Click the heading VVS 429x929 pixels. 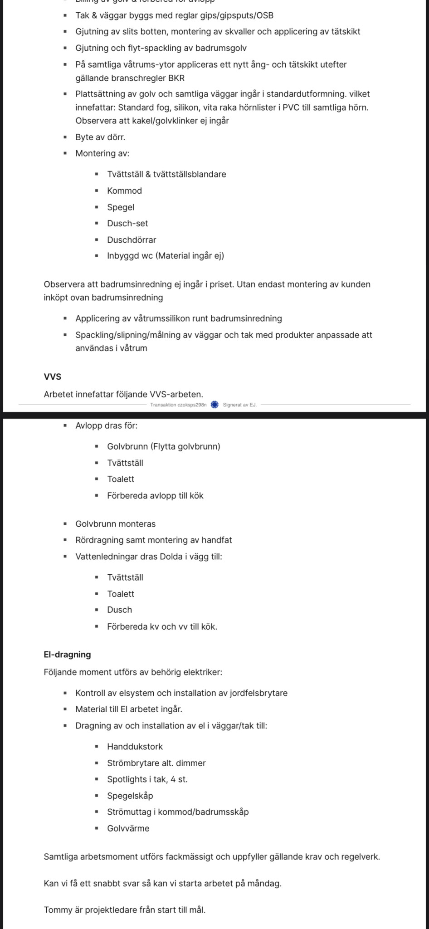click(x=52, y=376)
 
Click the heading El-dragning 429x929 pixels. click(x=67, y=655)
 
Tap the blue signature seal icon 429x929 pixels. click(x=215, y=405)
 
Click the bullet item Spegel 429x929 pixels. click(x=121, y=207)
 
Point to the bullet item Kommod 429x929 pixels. click(x=124, y=191)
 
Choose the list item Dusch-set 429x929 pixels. click(x=127, y=224)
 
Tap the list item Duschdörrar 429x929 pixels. click(x=132, y=240)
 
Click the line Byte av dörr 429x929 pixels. click(x=100, y=137)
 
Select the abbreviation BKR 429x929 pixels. click(x=176, y=78)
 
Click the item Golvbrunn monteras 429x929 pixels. click(x=115, y=524)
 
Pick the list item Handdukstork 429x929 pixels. click(x=135, y=747)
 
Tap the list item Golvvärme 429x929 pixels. click(x=128, y=828)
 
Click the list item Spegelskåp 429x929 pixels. click(x=130, y=796)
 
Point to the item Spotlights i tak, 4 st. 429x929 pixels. click(x=147, y=779)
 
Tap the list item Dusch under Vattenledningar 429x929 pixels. click(x=119, y=610)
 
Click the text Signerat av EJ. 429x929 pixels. click(x=239, y=405)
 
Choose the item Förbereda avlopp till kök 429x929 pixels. click(x=155, y=496)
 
